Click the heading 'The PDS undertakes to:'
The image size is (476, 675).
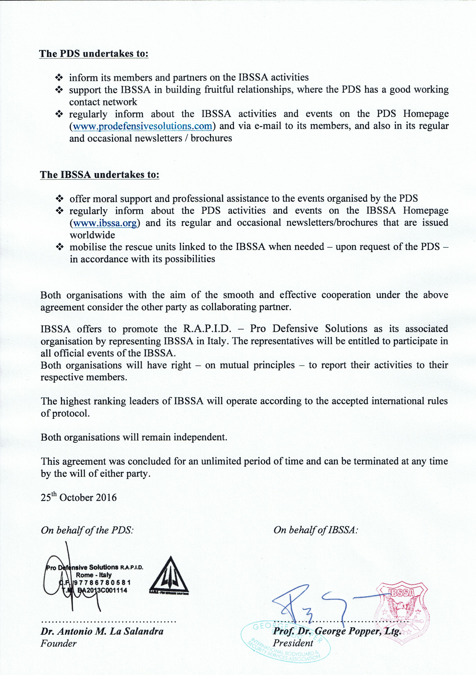tap(94, 54)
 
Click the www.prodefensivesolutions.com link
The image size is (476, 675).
tap(143, 126)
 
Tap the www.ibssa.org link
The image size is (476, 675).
tap(105, 223)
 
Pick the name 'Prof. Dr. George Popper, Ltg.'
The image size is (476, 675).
tap(337, 631)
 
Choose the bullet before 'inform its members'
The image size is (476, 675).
tap(59, 78)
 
